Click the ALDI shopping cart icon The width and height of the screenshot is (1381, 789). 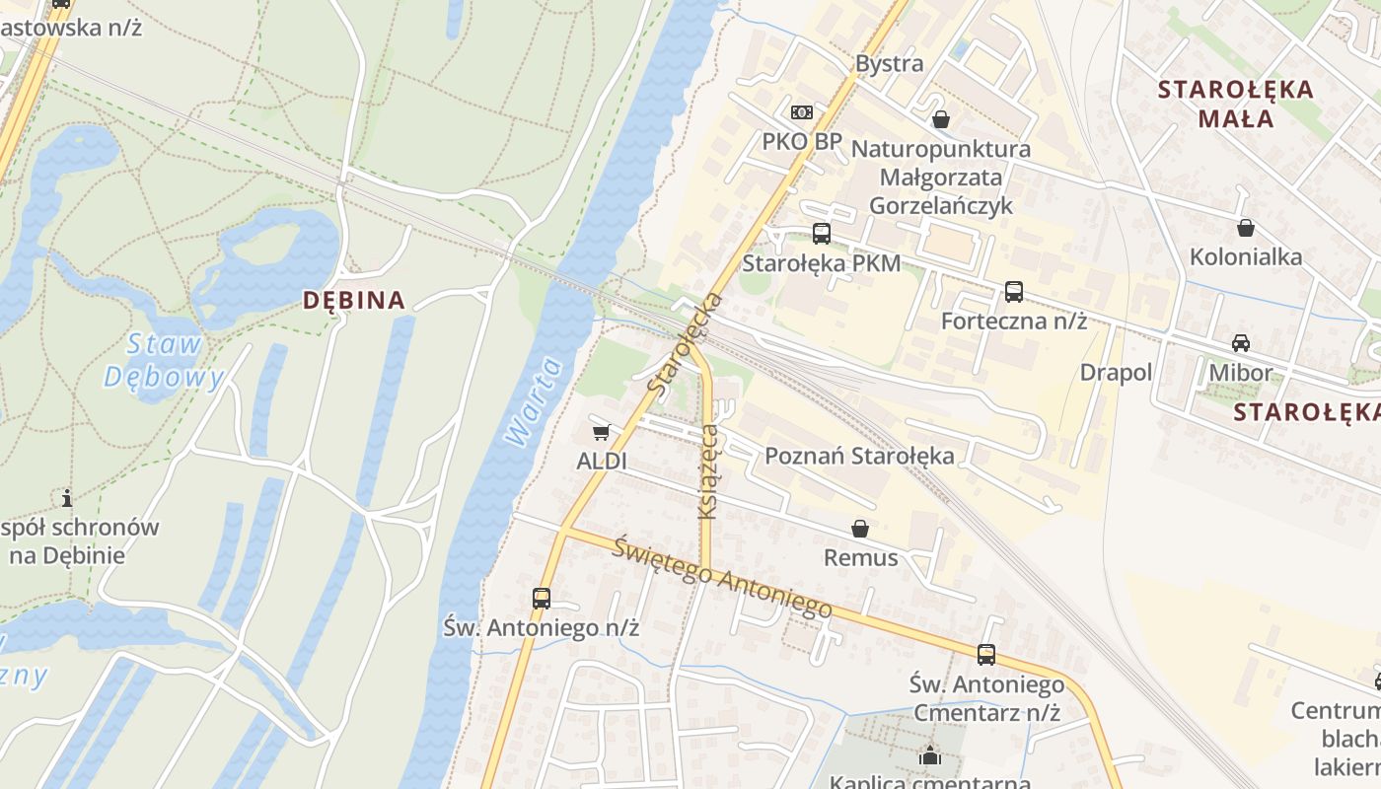pos(602,432)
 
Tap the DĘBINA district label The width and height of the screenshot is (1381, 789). pos(354,301)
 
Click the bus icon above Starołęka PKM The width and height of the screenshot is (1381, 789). pos(821,234)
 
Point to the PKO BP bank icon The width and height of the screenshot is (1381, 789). pos(802,112)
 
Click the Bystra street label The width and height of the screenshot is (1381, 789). pos(890,64)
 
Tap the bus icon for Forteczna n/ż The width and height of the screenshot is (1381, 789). pos(1013,292)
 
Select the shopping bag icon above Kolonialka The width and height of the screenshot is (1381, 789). pos(1246,228)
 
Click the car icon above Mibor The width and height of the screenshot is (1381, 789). pos(1241,343)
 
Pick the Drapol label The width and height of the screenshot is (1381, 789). pos(1116,373)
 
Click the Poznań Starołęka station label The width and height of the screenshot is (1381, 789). pos(859,456)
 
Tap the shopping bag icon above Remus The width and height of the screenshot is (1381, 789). pos(860,529)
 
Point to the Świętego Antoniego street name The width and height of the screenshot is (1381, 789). pos(721,577)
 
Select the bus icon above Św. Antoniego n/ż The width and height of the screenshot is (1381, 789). pos(541,598)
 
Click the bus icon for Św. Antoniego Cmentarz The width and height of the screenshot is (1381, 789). pos(985,655)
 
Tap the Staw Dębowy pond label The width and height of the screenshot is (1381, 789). pos(164,360)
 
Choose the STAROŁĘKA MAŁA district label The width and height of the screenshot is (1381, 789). pos(1235,104)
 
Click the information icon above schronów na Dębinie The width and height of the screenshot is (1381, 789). pos(67,498)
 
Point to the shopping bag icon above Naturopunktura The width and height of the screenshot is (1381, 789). pos(941,119)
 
